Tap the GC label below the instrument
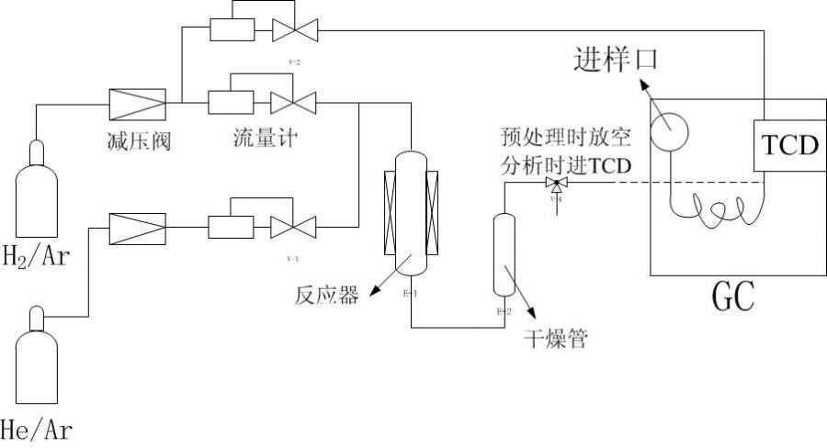[733, 297]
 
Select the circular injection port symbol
[670, 132]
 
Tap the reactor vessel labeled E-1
[411, 213]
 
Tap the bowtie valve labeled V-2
[294, 29]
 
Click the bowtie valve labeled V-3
[294, 226]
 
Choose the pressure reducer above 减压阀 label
[137, 104]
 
